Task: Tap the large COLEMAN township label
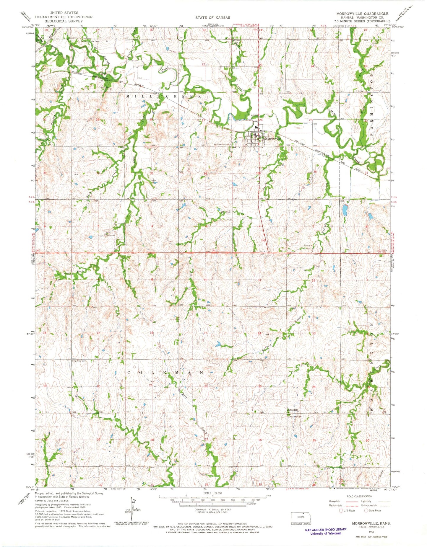pyautogui.click(x=165, y=373)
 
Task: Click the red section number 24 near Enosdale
pyautogui.click(x=314, y=387)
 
